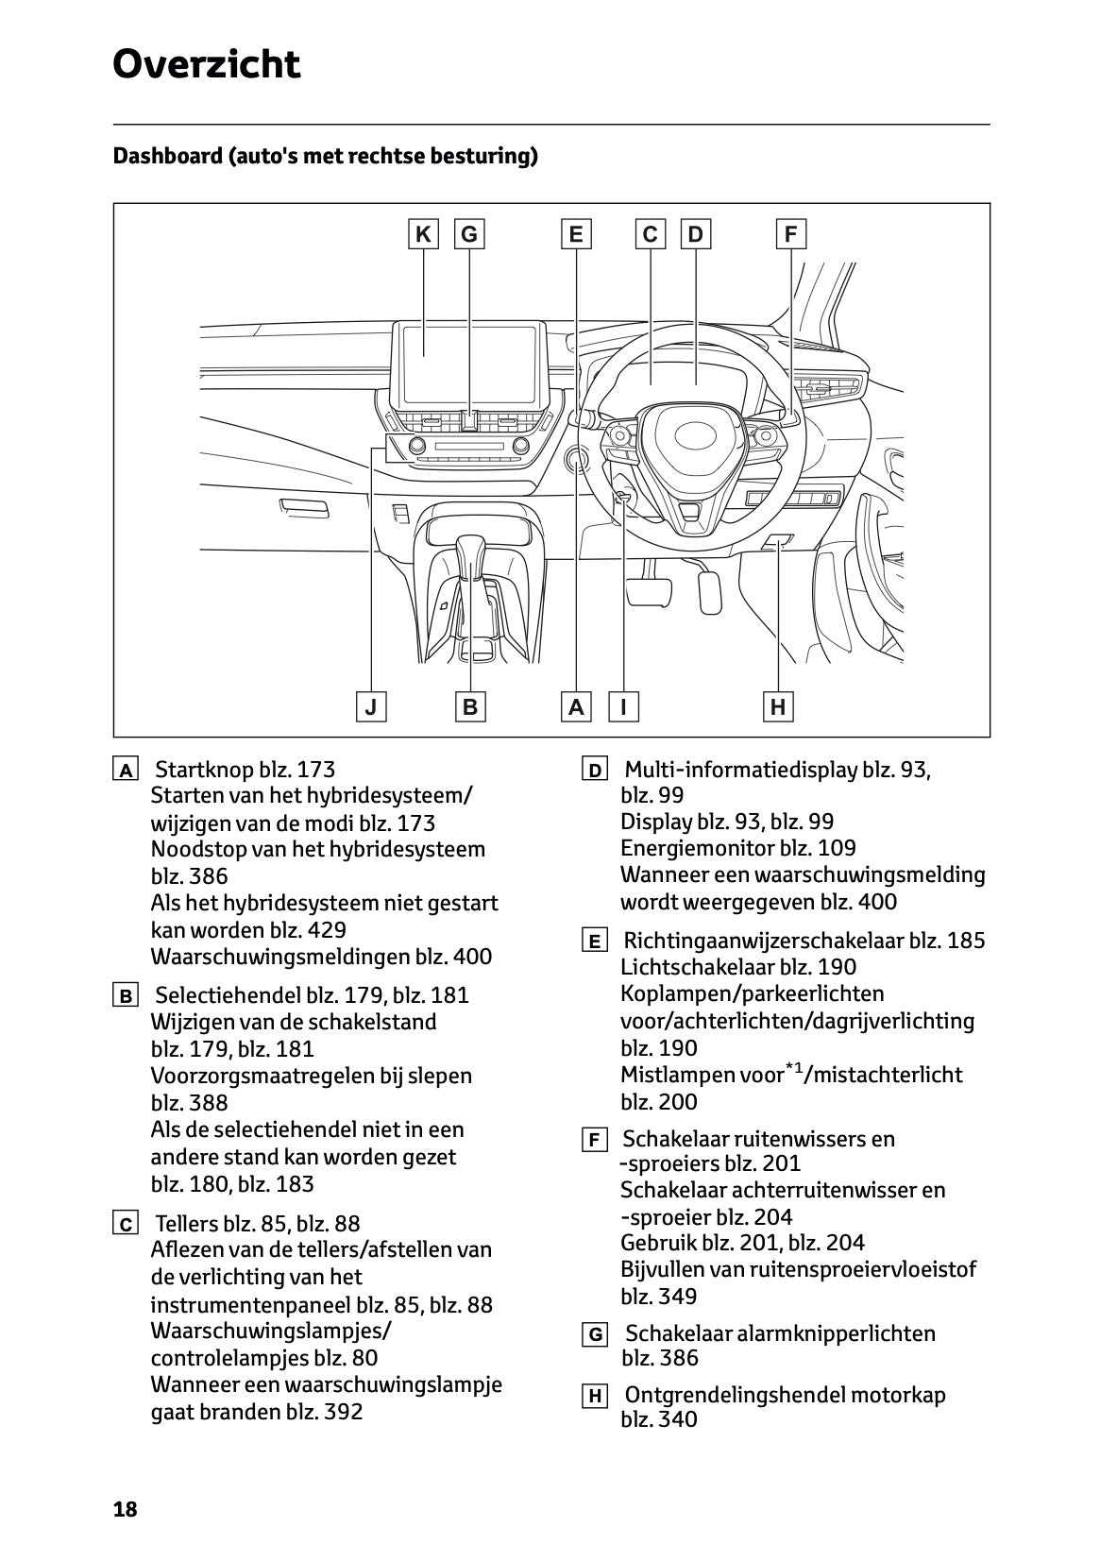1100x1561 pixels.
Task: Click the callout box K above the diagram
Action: (423, 233)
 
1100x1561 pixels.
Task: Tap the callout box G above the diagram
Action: (469, 233)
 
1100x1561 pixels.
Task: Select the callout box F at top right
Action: (790, 233)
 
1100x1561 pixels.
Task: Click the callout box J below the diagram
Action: (371, 706)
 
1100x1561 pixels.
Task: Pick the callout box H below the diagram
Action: (778, 706)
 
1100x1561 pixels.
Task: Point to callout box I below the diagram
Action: (623, 706)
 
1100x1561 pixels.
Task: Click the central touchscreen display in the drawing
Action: (468, 355)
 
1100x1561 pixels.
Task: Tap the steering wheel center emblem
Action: (696, 436)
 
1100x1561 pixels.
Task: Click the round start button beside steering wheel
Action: (576, 460)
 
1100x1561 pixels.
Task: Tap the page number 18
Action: (125, 1509)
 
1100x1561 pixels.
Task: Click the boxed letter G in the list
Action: (595, 1335)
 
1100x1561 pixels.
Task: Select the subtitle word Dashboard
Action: (166, 156)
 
